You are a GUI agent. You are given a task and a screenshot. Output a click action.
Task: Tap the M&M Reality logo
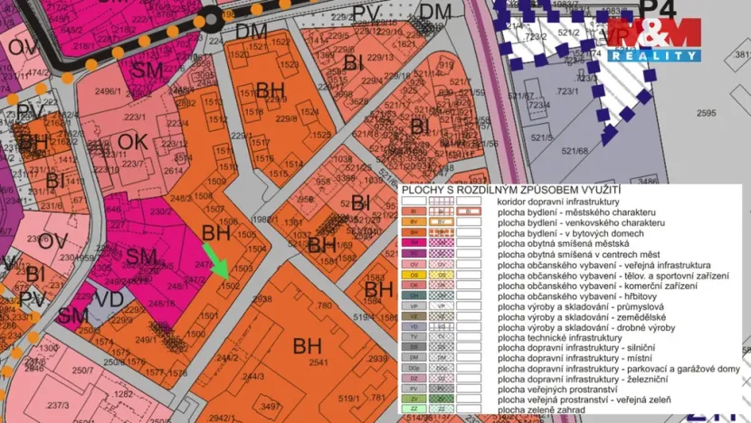tap(654, 39)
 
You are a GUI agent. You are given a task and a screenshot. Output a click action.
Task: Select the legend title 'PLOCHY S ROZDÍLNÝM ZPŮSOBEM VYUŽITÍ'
tap(510, 191)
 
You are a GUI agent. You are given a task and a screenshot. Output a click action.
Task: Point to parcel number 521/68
tap(574, 151)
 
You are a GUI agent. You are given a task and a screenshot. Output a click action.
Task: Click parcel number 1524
tap(309, 111)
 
